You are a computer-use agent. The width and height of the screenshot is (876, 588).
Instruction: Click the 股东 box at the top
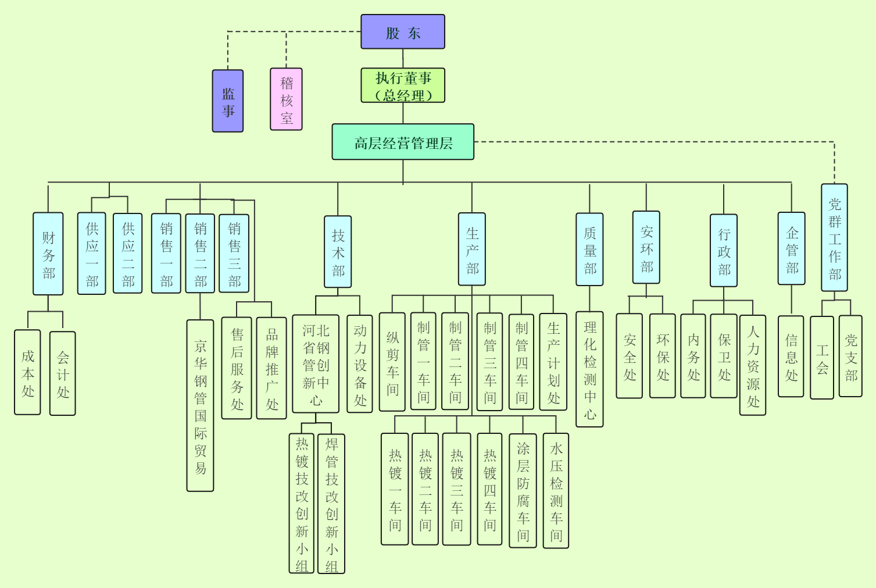click(403, 32)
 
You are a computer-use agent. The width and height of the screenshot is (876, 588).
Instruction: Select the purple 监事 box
click(228, 101)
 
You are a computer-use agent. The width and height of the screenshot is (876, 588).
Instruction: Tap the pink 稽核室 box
click(286, 99)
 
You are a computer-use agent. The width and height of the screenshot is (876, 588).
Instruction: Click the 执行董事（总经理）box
click(403, 85)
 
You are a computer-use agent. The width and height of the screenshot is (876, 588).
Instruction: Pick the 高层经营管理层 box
click(403, 142)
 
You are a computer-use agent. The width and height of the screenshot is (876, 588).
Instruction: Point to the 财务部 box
click(48, 254)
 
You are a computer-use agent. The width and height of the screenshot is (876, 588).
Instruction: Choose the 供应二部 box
click(128, 253)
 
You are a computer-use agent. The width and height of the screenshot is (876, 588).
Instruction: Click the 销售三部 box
click(234, 253)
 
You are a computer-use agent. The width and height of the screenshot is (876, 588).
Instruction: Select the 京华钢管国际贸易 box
click(201, 405)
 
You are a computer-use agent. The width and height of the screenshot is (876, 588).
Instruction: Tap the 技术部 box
click(338, 252)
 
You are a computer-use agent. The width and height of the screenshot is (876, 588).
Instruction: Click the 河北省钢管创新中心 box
click(316, 364)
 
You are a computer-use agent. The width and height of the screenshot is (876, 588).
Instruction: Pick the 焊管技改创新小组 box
click(331, 504)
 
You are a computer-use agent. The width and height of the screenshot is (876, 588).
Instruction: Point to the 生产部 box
click(472, 249)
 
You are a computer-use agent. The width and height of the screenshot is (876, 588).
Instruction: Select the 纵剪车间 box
click(392, 362)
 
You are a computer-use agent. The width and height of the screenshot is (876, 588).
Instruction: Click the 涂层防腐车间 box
click(523, 490)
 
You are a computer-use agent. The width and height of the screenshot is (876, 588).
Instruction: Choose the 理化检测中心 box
click(589, 369)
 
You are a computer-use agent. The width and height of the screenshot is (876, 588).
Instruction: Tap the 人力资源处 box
click(753, 365)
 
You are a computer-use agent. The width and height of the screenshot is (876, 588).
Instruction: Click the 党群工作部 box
click(834, 238)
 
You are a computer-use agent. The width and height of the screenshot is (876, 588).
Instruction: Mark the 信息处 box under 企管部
click(791, 357)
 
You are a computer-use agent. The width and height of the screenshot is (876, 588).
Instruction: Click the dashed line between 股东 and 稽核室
click(323, 32)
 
